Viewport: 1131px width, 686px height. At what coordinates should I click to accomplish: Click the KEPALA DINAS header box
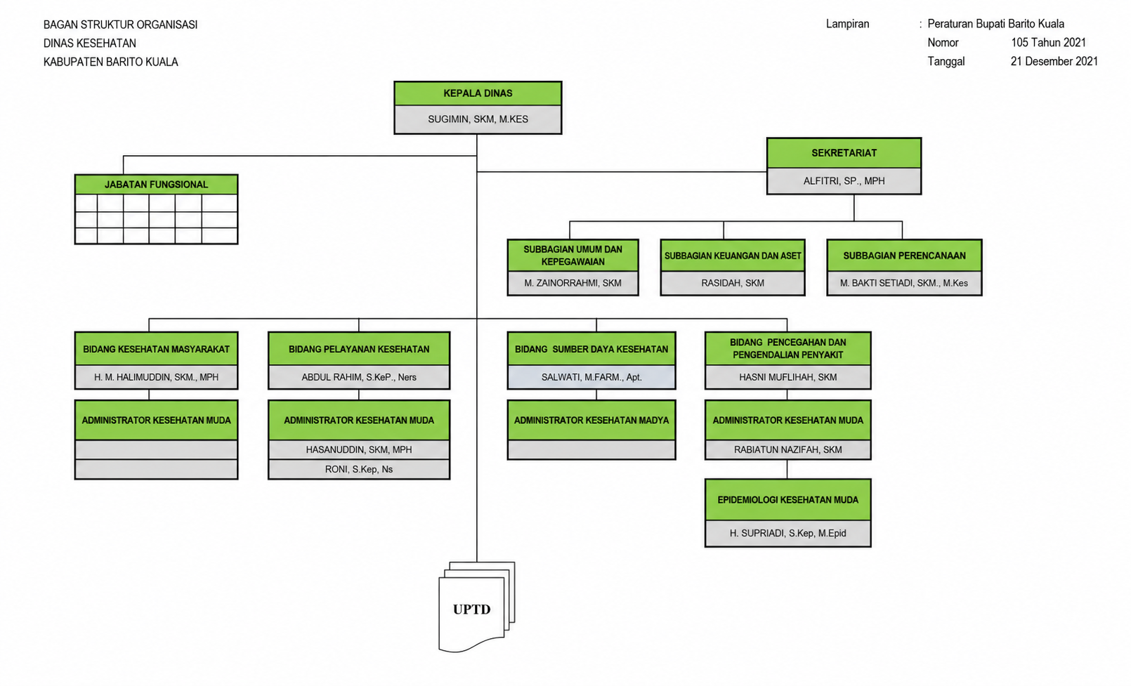pos(478,93)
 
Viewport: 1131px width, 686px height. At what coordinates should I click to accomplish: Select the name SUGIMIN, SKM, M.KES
pos(478,119)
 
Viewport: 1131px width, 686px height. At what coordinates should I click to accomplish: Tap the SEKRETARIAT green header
pos(844,153)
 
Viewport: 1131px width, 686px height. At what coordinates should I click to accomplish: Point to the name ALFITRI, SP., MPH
pos(844,180)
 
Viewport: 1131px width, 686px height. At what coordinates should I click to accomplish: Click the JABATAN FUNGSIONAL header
pos(156,185)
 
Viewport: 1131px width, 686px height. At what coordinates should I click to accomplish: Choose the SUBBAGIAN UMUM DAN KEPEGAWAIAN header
pos(573,256)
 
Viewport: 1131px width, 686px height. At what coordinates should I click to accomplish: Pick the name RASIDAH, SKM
pos(732,283)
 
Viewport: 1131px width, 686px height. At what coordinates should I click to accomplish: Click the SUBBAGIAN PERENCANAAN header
pos(904,256)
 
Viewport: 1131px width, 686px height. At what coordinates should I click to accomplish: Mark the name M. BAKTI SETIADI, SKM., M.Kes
pos(904,283)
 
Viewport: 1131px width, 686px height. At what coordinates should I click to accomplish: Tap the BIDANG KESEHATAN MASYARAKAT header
pos(156,349)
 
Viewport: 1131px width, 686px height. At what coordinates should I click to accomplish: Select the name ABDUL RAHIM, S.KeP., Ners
pos(358,377)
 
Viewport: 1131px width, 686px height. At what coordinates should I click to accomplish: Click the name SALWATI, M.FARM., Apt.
pos(591,377)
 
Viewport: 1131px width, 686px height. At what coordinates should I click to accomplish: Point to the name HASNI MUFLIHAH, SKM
pos(787,377)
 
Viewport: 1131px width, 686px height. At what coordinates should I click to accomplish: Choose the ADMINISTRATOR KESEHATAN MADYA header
pos(591,420)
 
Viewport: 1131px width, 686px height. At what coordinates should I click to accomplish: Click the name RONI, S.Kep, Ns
pos(358,470)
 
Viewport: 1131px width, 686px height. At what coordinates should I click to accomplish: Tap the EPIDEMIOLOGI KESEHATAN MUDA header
pos(787,500)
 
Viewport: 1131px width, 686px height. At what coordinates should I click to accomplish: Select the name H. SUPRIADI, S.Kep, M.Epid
pos(787,533)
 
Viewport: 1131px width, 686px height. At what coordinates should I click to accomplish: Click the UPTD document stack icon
pos(476,607)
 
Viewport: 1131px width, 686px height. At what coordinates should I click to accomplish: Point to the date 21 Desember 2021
pos(1054,62)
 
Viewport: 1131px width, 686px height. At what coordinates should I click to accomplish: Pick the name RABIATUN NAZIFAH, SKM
pos(787,450)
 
